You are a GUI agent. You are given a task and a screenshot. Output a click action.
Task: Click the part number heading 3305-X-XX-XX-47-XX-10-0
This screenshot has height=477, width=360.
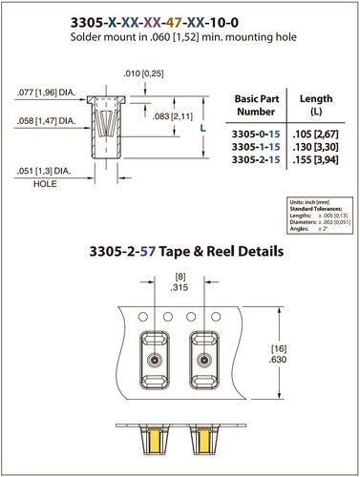tap(179, 17)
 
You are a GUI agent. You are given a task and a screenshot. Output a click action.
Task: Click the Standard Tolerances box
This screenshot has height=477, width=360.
tap(315, 215)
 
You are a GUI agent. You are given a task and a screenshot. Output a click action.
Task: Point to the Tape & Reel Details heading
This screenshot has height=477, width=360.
tap(179, 254)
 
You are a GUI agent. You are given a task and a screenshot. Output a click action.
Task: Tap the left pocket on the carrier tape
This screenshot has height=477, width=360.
tap(153, 363)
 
